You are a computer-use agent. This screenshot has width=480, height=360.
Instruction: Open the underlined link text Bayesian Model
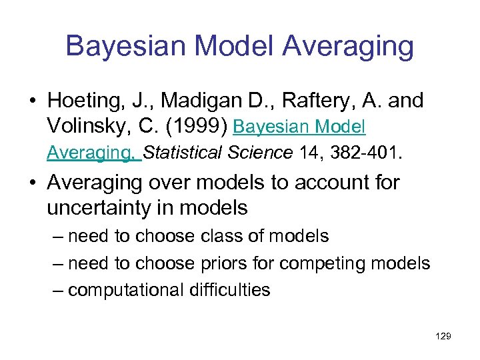click(x=301, y=126)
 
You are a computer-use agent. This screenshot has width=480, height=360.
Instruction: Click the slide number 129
click(x=443, y=337)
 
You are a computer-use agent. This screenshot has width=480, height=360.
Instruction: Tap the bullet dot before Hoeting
click(x=33, y=102)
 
